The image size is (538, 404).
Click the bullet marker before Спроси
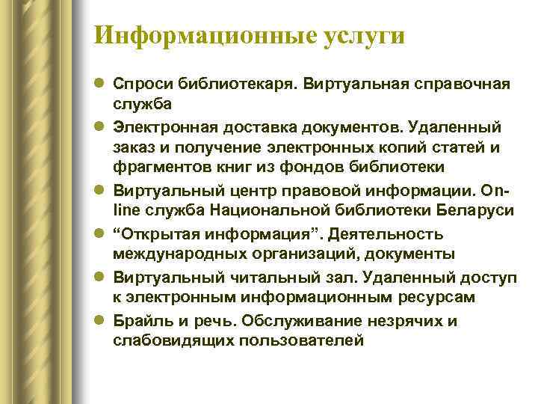pos(101,82)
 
